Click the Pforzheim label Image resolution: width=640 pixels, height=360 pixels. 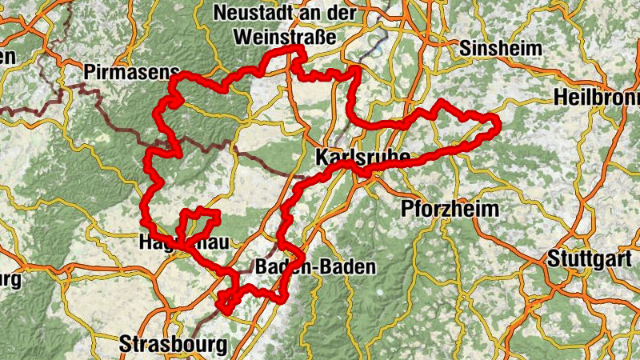point(449,209)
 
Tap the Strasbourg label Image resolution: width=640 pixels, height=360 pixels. point(173,345)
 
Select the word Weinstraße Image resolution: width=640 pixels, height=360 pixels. point(285,37)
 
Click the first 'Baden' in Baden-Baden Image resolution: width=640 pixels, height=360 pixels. point(279,268)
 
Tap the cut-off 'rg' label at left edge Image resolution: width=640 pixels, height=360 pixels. point(10,280)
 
